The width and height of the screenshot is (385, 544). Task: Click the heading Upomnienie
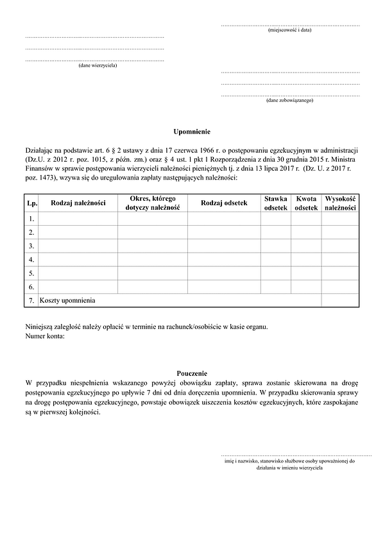pyautogui.click(x=192, y=131)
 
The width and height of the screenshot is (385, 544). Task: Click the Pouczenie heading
pyautogui.click(x=192, y=373)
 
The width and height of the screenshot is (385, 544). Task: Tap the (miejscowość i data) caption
pyautogui.click(x=290, y=30)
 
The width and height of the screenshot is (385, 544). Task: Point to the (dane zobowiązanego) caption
pyautogui.click(x=289, y=101)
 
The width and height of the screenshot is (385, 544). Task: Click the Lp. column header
pyautogui.click(x=31, y=203)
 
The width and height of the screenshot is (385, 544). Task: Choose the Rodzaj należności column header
pyautogui.click(x=78, y=203)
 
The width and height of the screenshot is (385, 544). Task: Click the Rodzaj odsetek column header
pyautogui.click(x=224, y=203)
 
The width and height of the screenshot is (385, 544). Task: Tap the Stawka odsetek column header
pyautogui.click(x=276, y=203)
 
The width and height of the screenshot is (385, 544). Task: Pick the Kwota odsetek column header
pyautogui.click(x=306, y=203)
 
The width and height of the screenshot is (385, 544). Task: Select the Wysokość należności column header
pyautogui.click(x=340, y=203)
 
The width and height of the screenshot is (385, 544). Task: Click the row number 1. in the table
pyautogui.click(x=31, y=219)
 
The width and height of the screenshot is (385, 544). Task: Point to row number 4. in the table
pyautogui.click(x=31, y=259)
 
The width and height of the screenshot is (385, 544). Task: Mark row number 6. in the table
pyautogui.click(x=31, y=286)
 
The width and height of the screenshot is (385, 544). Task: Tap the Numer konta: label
pyautogui.click(x=45, y=336)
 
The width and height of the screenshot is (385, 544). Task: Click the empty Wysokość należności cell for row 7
pyautogui.click(x=340, y=300)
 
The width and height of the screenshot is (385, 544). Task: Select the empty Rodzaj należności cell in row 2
pyautogui.click(x=78, y=232)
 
